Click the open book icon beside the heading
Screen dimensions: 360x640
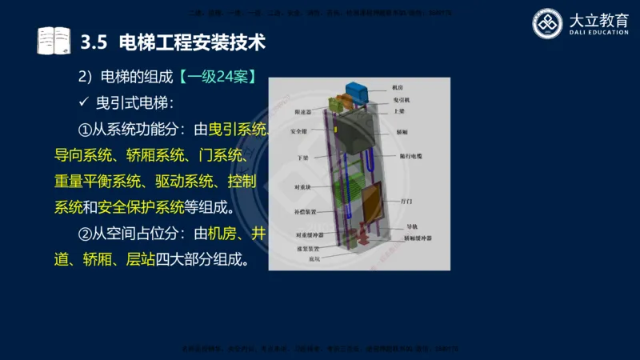coord(54,39)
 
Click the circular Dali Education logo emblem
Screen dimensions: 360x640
coord(549,23)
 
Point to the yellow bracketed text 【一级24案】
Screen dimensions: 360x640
coord(217,78)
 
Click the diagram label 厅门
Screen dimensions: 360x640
coord(407,204)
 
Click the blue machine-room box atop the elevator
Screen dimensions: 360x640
coord(354,90)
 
